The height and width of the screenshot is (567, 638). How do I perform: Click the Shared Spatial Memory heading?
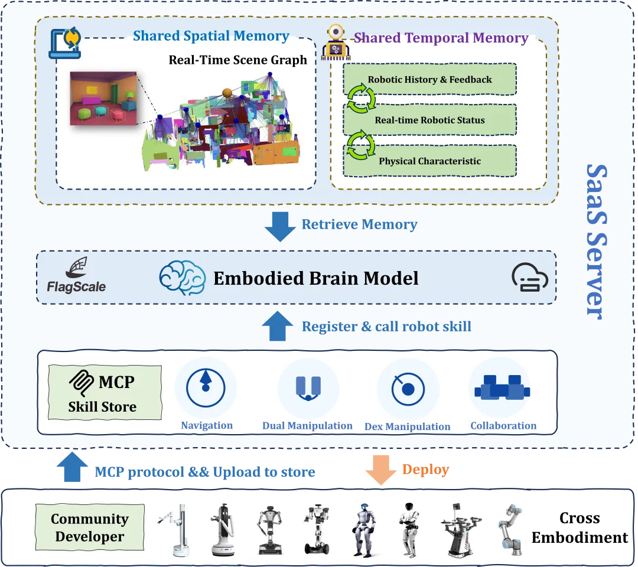[x=211, y=36]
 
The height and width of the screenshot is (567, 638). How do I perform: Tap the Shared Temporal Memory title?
[x=441, y=38]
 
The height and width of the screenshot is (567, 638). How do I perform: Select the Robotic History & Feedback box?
[x=429, y=79]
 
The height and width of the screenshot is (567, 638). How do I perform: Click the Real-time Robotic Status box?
[x=429, y=120]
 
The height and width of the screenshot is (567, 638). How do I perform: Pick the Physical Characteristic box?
[x=429, y=161]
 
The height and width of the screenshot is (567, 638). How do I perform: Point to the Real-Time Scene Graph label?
[x=237, y=60]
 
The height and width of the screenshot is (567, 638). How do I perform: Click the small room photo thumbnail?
[x=103, y=98]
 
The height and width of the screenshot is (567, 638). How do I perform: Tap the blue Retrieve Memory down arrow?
[x=280, y=226]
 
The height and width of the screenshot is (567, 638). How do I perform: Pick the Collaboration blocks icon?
[x=502, y=387]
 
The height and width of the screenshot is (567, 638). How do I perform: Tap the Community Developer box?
[x=89, y=527]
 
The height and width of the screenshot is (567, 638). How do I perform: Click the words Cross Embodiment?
[x=579, y=527]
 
